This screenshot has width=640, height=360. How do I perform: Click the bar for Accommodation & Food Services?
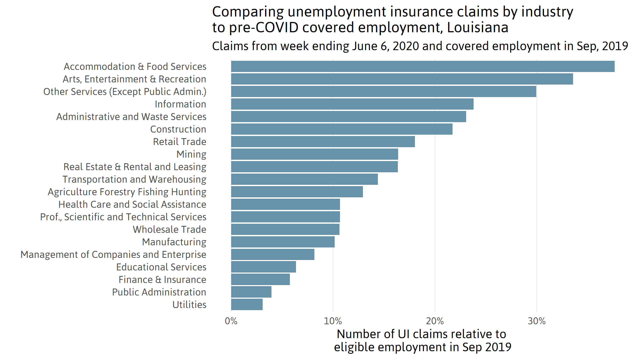tap(423, 66)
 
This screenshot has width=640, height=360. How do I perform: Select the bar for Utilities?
tap(247, 305)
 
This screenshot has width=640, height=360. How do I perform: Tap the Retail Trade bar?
tap(323, 142)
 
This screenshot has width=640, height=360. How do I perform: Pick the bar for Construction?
tap(342, 129)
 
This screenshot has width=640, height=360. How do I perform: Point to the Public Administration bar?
tap(251, 292)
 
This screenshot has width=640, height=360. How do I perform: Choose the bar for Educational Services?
tap(263, 267)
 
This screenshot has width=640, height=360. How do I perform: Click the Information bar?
tap(352, 104)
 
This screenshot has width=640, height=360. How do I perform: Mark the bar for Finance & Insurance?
tap(261, 279)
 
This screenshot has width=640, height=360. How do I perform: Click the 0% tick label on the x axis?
tap(231, 321)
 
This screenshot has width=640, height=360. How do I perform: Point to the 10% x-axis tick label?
tap(333, 321)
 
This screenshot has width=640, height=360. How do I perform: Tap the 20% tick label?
tap(435, 321)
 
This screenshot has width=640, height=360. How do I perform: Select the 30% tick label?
tap(537, 321)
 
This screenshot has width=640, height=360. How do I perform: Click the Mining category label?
tap(191, 154)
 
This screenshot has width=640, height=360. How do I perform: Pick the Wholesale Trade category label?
tap(170, 230)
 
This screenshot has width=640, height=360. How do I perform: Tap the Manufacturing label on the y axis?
tap(174, 242)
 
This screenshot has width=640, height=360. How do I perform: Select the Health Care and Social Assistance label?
tap(132, 205)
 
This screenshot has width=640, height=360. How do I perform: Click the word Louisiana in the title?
tap(478, 28)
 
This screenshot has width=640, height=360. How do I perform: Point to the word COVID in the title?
tap(277, 28)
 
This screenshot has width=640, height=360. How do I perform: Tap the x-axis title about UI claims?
tap(422, 341)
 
